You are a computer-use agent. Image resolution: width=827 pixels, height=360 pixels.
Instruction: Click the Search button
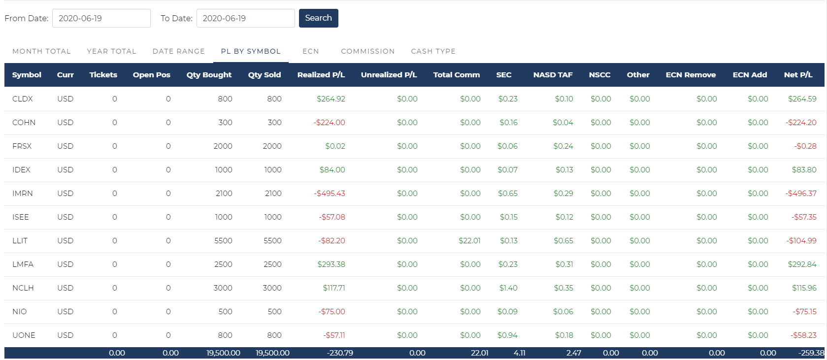click(x=318, y=18)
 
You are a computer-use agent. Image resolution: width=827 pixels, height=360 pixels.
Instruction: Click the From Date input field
click(x=101, y=18)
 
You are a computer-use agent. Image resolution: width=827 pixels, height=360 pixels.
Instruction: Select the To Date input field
click(x=245, y=18)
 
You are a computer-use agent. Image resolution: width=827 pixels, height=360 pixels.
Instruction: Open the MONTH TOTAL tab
click(x=41, y=51)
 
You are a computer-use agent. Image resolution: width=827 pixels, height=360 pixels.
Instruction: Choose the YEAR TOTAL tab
click(x=111, y=51)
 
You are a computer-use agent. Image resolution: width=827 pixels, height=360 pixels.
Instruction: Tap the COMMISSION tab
click(x=367, y=51)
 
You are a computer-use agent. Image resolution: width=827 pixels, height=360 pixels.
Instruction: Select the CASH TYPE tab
click(x=433, y=51)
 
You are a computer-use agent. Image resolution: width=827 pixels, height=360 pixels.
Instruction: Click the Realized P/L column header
click(x=321, y=75)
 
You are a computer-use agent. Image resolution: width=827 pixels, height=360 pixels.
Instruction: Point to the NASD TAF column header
click(x=553, y=75)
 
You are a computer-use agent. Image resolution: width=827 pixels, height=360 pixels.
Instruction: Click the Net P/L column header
click(x=798, y=75)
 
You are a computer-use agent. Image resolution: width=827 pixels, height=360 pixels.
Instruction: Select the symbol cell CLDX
click(x=23, y=99)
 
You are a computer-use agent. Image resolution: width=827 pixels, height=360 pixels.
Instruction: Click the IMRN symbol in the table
click(x=23, y=194)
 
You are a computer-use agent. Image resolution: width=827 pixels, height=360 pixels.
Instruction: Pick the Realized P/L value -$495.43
click(x=330, y=194)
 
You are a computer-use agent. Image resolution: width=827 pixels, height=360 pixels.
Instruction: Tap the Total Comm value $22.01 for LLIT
click(x=469, y=241)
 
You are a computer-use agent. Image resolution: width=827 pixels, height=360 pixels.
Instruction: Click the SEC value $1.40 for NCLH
click(x=508, y=288)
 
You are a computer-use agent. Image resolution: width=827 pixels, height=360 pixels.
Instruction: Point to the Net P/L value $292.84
click(x=802, y=264)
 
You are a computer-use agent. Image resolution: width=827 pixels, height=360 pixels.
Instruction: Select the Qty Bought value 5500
click(x=223, y=241)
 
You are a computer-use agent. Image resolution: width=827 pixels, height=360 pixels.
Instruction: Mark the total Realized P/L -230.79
click(x=340, y=353)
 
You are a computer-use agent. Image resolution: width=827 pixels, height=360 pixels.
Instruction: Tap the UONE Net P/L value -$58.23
click(x=804, y=335)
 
